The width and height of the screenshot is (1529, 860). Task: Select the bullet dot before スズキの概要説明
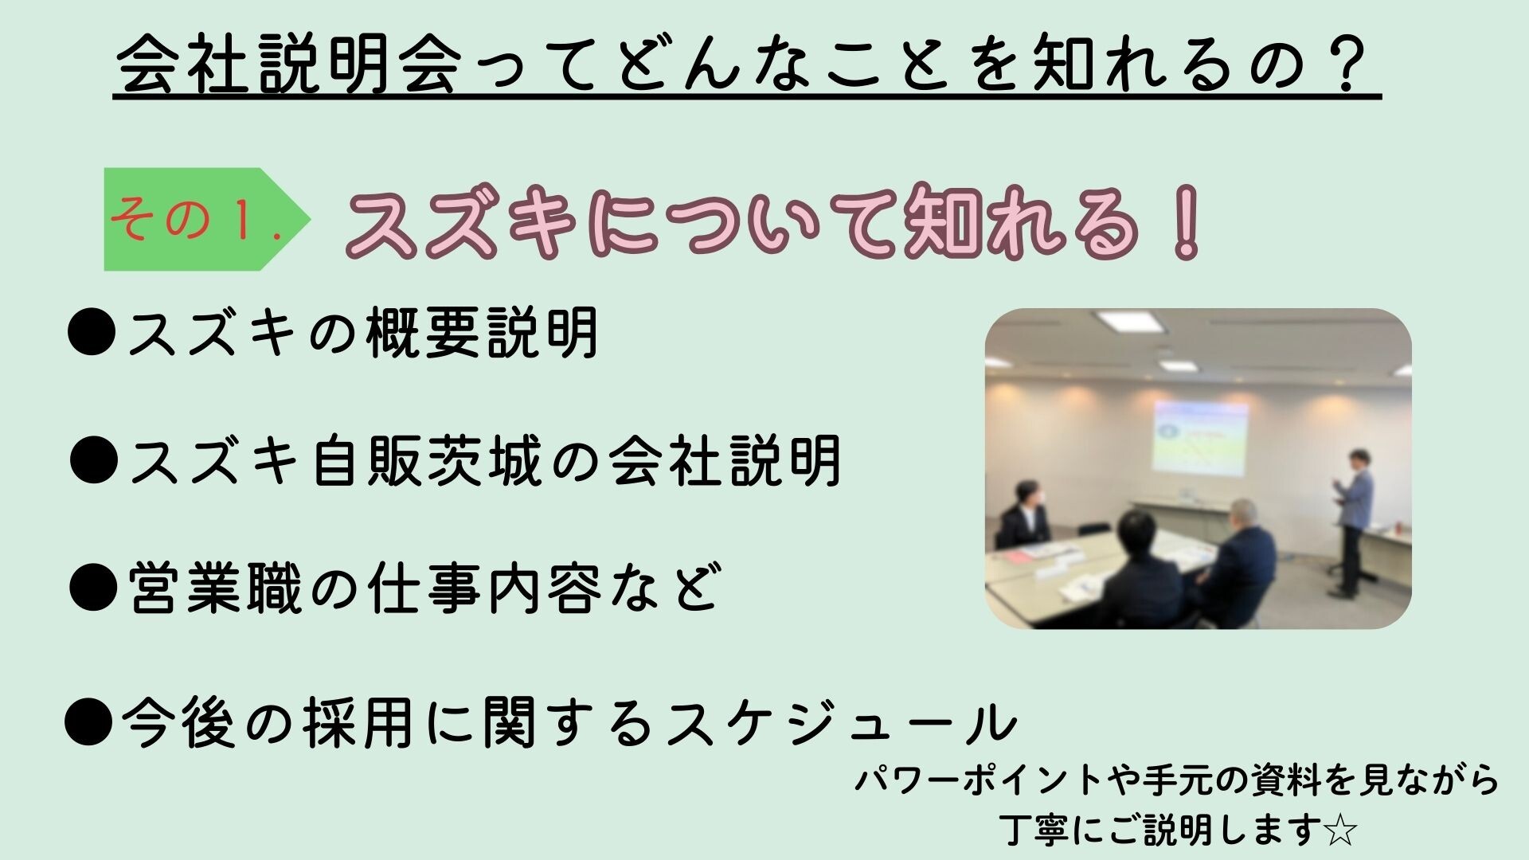(92, 332)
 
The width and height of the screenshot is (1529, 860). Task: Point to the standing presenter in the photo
(1352, 522)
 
